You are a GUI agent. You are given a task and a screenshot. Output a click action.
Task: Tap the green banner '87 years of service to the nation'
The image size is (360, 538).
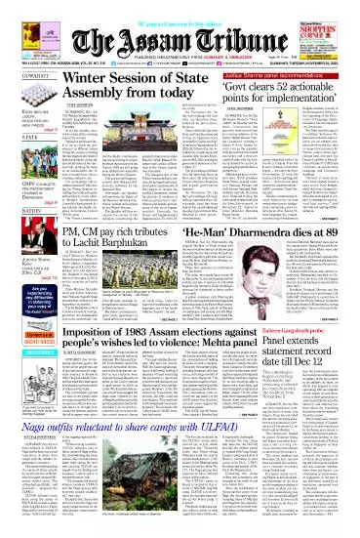[x=180, y=6]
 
